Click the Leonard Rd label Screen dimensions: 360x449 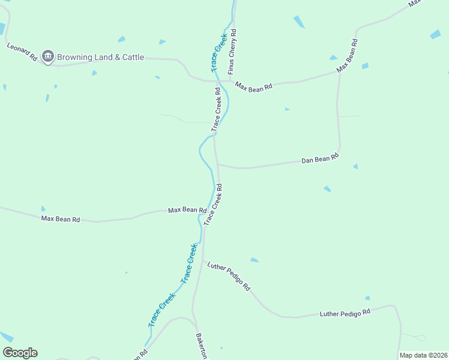(x=22, y=52)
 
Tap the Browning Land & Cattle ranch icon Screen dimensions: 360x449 (x=47, y=57)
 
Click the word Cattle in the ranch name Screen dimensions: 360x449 (x=130, y=58)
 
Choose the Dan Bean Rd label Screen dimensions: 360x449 (x=320, y=159)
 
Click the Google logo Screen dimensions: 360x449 (x=20, y=353)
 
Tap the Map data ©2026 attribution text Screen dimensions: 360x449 (x=423, y=355)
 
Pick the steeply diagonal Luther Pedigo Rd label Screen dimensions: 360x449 (x=229, y=276)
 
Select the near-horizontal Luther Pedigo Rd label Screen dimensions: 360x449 (x=345, y=313)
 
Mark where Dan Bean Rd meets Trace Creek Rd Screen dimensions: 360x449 (x=217, y=164)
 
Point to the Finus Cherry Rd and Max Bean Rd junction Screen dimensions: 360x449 (x=229, y=80)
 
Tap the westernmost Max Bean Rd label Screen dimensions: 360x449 (x=61, y=219)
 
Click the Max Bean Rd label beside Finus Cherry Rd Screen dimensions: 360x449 (x=253, y=86)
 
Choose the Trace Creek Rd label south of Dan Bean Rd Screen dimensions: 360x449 (x=213, y=205)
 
